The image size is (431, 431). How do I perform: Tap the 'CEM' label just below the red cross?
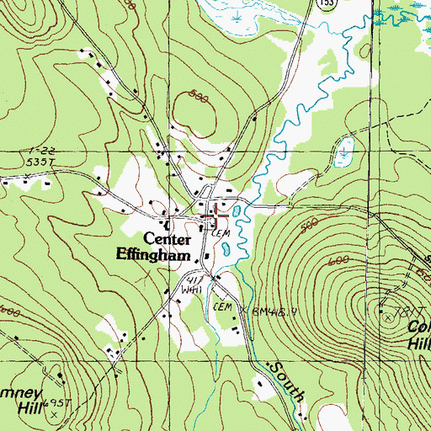point(221,231)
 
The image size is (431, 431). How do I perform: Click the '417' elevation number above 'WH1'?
point(197,278)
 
